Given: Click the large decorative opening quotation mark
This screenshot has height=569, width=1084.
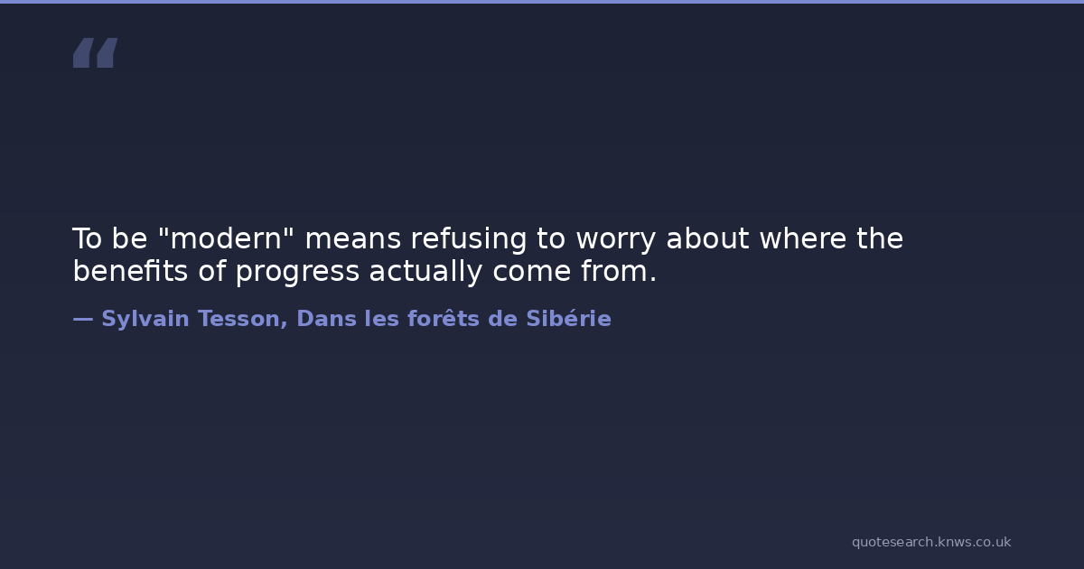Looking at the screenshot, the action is pyautogui.click(x=96, y=52).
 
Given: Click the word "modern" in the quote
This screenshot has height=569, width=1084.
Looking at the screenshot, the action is pyautogui.click(x=226, y=238).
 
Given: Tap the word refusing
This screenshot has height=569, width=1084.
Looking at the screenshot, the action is pyautogui.click(x=469, y=239).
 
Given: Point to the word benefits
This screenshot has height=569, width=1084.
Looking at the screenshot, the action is pyautogui.click(x=130, y=270).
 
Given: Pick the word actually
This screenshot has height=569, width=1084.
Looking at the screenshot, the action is pyautogui.click(x=425, y=272).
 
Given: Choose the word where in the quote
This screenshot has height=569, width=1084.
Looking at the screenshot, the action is pyautogui.click(x=803, y=238).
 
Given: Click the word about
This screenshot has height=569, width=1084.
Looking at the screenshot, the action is pyautogui.click(x=708, y=238).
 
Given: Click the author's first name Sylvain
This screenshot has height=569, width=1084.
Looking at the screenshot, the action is pyautogui.click(x=145, y=320).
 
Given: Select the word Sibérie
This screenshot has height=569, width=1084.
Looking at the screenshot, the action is pyautogui.click(x=568, y=318).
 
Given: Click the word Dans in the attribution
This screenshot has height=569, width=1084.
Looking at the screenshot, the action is pyautogui.click(x=326, y=319).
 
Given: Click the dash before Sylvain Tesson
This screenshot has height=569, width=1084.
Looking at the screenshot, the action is pyautogui.click(x=83, y=320).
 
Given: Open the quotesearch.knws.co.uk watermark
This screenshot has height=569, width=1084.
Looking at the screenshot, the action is pyautogui.click(x=931, y=542).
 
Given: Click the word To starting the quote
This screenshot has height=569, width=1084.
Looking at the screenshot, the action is pyautogui.click(x=87, y=238).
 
